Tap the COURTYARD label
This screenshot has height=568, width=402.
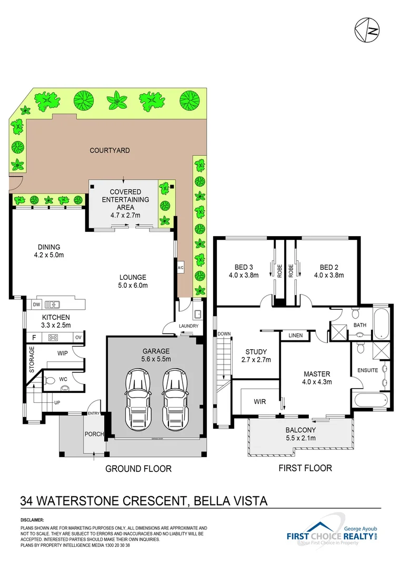tap(109, 150)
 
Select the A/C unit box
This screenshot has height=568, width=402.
tap(180, 268)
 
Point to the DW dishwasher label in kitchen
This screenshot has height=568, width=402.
tap(36, 304)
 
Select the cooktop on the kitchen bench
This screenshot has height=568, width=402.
tap(53, 338)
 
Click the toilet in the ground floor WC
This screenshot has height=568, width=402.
tap(64, 388)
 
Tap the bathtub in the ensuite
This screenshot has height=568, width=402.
tap(372, 400)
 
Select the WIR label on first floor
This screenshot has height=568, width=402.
tap(259, 402)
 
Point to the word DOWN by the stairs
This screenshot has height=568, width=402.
tap(224, 333)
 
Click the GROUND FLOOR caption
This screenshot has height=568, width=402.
tap(138, 469)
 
